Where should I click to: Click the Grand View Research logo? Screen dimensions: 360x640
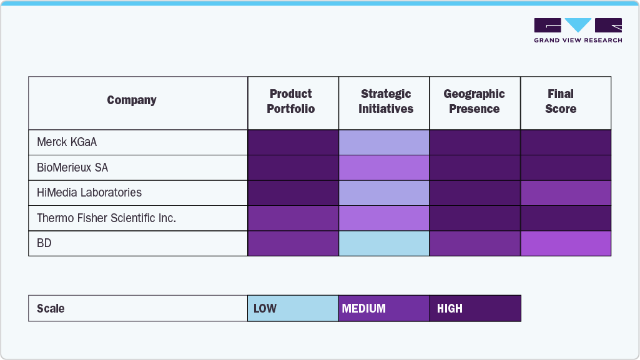578,30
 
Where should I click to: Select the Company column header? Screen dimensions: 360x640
132,100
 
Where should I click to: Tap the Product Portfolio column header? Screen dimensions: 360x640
291,102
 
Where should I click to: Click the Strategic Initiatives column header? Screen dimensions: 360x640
386,102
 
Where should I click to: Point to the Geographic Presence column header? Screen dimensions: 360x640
475,102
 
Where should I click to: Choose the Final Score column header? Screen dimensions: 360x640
561,102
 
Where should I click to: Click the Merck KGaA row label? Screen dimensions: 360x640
67,142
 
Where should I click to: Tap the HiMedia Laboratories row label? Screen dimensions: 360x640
89,193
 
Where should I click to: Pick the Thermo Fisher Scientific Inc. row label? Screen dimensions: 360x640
107,218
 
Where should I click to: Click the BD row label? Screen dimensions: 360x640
44,243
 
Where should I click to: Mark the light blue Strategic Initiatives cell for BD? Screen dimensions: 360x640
384,243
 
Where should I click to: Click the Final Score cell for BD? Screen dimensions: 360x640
566,243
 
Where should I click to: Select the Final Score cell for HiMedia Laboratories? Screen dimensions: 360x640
566,193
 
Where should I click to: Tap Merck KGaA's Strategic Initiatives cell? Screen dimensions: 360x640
384,142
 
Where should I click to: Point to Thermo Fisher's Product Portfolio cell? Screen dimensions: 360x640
293,218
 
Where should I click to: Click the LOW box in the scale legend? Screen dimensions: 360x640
293,308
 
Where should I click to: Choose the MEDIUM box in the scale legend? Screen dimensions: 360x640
384,308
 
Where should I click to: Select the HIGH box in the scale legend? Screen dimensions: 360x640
475,308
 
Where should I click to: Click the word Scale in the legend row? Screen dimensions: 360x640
51,309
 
